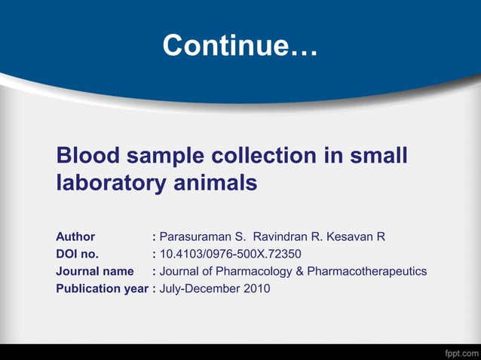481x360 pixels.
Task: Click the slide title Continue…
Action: click(x=240, y=46)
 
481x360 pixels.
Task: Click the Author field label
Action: click(x=75, y=236)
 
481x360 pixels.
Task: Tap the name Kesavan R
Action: click(x=359, y=236)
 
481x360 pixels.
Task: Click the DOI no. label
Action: click(x=78, y=254)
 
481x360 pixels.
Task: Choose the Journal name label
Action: click(x=95, y=271)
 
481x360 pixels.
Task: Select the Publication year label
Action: click(x=102, y=288)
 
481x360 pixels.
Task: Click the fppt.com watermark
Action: click(x=458, y=352)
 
